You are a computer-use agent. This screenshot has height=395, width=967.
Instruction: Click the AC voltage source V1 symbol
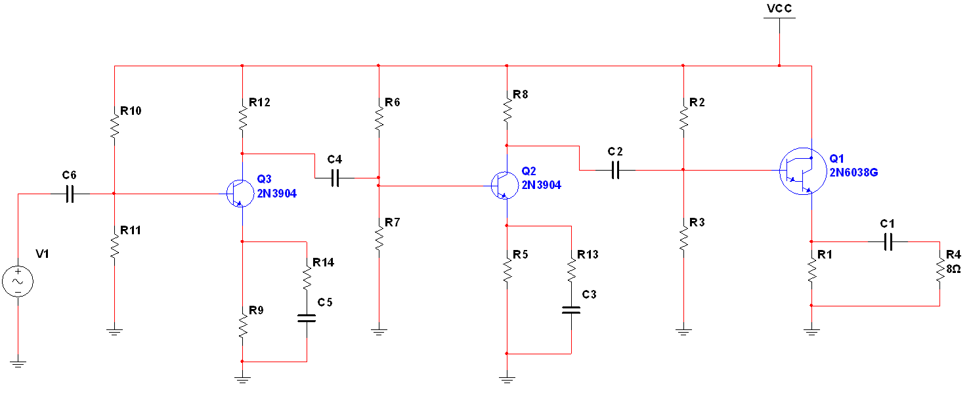(18, 281)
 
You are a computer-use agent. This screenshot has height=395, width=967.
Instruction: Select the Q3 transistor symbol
(240, 194)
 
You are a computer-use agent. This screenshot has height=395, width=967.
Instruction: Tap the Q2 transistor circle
(505, 186)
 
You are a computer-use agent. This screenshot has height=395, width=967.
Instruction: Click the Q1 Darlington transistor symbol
(803, 171)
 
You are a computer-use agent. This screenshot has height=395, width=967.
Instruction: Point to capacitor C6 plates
(70, 194)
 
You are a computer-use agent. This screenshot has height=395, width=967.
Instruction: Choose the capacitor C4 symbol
(335, 178)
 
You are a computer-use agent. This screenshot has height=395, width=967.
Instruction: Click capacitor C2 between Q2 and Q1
(616, 170)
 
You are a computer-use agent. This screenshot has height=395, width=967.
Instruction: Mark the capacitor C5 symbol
(307, 319)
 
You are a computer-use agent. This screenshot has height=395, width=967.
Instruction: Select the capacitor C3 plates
(571, 310)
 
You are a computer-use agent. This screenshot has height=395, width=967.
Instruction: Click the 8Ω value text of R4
(953, 269)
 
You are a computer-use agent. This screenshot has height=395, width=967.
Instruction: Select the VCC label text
(779, 9)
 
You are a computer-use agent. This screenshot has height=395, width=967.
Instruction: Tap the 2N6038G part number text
(853, 173)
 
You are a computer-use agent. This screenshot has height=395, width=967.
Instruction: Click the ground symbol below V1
(18, 364)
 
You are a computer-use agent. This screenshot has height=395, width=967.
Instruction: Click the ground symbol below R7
(379, 331)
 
